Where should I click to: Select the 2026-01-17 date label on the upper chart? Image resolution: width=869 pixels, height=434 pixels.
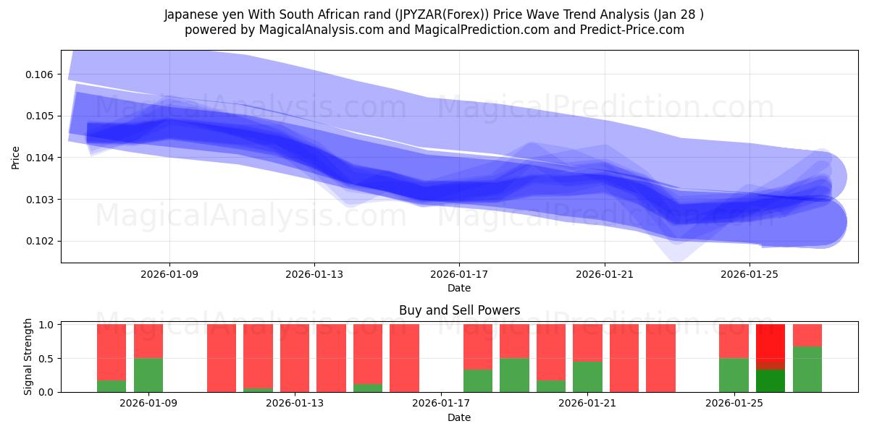pyautogui.click(x=459, y=274)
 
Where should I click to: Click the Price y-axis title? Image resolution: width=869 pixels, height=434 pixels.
pyautogui.click(x=15, y=158)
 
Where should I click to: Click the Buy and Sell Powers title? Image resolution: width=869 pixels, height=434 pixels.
pyautogui.click(x=459, y=310)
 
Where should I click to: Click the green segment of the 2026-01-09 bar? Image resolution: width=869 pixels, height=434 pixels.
pyautogui.click(x=148, y=375)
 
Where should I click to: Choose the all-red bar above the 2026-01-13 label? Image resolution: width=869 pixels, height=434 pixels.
pyautogui.click(x=295, y=358)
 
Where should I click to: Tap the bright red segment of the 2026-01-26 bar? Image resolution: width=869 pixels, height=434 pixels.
pyautogui.click(x=771, y=346)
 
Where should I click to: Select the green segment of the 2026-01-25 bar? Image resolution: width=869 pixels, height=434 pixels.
pyautogui.click(x=734, y=375)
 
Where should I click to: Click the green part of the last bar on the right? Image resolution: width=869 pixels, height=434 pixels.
pyautogui.click(x=807, y=369)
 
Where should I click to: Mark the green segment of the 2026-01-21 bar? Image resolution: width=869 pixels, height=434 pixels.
pyautogui.click(x=587, y=377)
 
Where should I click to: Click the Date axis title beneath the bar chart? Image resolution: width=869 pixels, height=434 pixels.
pyautogui.click(x=459, y=417)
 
